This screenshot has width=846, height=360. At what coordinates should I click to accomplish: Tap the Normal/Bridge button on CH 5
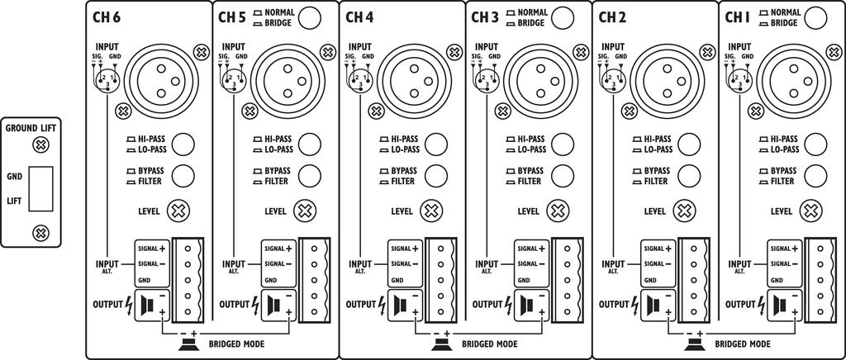point(310,17)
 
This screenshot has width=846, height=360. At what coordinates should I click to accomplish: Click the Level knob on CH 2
point(683,211)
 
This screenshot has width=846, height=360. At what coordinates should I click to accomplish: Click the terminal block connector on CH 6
point(191,279)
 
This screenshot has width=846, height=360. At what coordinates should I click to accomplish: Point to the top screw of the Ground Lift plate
point(38,145)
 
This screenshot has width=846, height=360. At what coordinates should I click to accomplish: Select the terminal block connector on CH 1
point(824,279)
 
